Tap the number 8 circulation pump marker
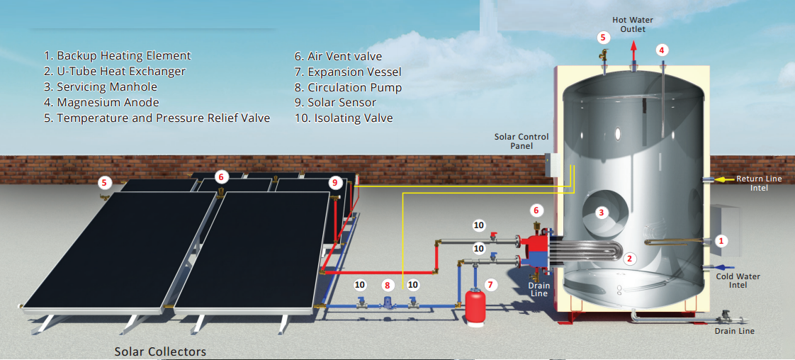[387, 285]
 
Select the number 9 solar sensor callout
[335, 182]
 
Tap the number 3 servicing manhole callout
[602, 212]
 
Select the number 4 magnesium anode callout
[661, 50]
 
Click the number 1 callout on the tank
[721, 241]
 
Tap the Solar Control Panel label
[521, 141]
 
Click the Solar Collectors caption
[160, 351]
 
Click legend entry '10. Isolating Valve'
[343, 118]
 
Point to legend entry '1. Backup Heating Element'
[117, 56]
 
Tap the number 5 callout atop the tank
[603, 37]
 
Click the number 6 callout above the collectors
[220, 176]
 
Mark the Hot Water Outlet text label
[633, 25]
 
